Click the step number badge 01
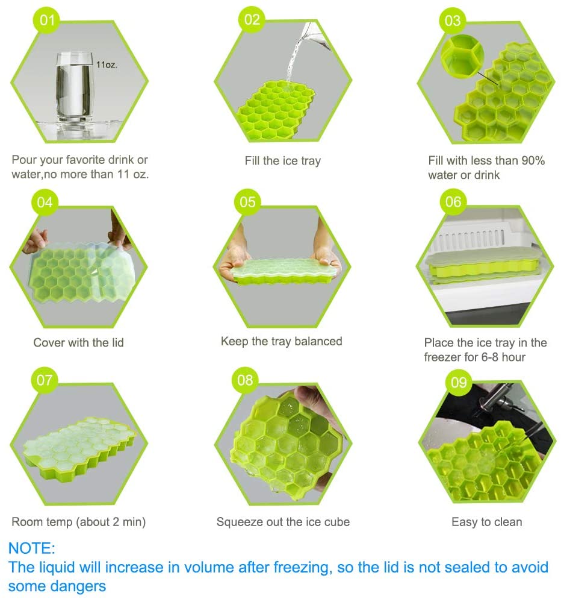click(47, 20)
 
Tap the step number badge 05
click(247, 202)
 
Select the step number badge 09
click(459, 382)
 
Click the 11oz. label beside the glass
click(107, 64)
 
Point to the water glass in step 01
click(75, 88)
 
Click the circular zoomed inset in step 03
click(462, 56)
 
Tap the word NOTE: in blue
click(32, 548)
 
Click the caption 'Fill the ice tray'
click(283, 161)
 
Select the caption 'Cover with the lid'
click(79, 343)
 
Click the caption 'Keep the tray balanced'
click(281, 341)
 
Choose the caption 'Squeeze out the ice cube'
click(283, 522)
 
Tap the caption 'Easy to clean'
click(486, 522)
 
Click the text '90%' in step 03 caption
click(533, 160)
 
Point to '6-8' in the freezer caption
click(490, 357)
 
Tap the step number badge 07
click(45, 380)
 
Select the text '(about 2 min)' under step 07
click(111, 522)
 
